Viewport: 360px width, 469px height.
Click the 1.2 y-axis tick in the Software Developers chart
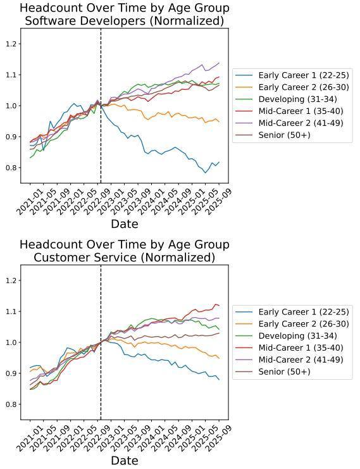tap(11, 44)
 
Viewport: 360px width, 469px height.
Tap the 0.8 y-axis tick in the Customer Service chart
tap(11, 404)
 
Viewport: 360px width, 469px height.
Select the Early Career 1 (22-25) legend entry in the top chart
tap(292, 75)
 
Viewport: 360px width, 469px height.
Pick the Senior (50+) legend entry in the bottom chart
tap(273, 372)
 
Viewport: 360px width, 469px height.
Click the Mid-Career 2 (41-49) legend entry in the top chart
tap(289, 123)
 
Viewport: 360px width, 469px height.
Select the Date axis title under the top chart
tap(125, 223)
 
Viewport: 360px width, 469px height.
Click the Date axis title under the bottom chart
tap(125, 460)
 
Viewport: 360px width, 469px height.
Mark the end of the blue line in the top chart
tap(219, 162)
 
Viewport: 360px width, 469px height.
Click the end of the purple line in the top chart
tap(219, 63)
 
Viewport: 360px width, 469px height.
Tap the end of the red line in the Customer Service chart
tap(219, 306)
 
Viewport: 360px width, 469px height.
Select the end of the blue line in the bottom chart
tap(219, 380)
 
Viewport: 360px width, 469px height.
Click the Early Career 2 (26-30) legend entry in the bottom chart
tap(292, 323)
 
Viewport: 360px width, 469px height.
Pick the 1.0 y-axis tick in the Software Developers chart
tap(11, 106)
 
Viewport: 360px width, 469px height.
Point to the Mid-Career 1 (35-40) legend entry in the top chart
tap(289, 111)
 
